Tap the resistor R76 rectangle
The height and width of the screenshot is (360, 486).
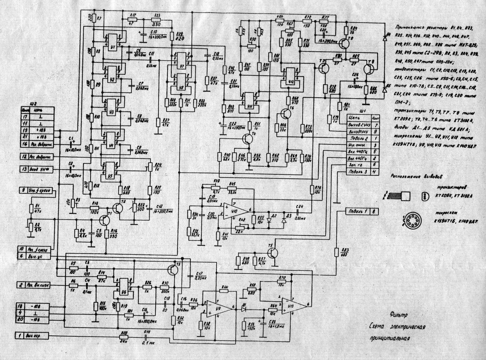(312, 189)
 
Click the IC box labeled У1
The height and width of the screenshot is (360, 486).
(112, 41)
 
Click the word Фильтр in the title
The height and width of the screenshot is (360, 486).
(399, 315)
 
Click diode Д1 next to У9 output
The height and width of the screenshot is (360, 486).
(243, 309)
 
